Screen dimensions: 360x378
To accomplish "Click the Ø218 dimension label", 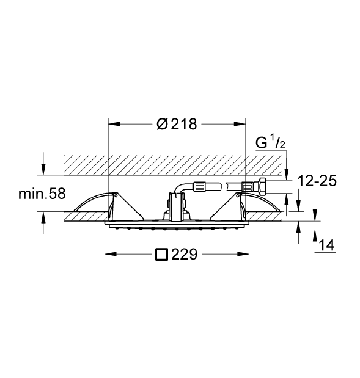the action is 177,125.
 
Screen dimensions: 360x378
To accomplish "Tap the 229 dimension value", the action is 184,254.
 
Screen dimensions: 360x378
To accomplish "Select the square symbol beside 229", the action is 161,254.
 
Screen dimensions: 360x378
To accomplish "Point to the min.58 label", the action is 42,194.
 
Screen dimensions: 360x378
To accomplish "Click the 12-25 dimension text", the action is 317,181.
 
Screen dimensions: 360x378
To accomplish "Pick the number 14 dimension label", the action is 327,245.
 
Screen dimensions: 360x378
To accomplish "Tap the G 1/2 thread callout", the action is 271,142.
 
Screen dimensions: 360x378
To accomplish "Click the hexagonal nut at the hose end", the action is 261,185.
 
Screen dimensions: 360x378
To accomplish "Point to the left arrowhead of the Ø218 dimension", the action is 114,124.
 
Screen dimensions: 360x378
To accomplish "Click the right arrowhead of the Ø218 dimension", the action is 240,124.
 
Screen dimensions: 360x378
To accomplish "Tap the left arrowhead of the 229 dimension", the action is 111,254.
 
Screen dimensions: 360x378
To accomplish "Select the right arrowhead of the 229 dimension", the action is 243,254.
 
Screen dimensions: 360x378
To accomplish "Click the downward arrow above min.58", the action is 43,169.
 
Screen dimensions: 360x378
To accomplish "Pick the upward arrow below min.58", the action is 43,217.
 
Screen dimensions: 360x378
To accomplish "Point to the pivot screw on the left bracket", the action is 116,196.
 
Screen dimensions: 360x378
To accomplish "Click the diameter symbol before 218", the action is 162,125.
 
